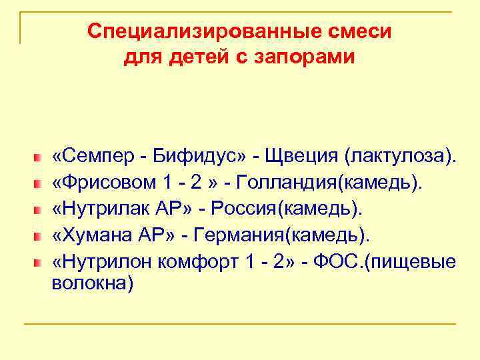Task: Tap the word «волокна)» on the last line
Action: pos(93,283)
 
